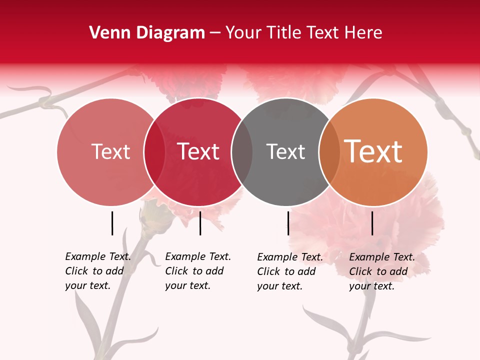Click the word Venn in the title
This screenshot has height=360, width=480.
(x=106, y=33)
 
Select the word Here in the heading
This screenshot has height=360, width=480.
(x=363, y=33)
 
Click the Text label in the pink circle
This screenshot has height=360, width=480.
(x=110, y=151)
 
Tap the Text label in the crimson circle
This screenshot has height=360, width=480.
(x=198, y=151)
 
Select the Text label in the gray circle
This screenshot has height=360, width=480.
(x=285, y=151)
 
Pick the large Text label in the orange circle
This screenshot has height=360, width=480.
(x=373, y=151)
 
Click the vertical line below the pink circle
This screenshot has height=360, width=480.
(x=112, y=223)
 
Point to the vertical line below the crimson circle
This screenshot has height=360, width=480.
(x=200, y=223)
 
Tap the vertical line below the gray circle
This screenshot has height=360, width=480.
(x=288, y=223)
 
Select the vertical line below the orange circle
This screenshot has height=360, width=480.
(x=372, y=223)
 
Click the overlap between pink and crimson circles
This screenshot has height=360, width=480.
(x=154, y=151)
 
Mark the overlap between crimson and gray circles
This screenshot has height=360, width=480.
(x=242, y=151)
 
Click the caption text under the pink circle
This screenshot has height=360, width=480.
(x=98, y=271)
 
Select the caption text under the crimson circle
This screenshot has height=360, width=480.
(x=198, y=271)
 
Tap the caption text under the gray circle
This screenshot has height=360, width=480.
(x=290, y=271)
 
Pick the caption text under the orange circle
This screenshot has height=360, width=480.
(x=382, y=271)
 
